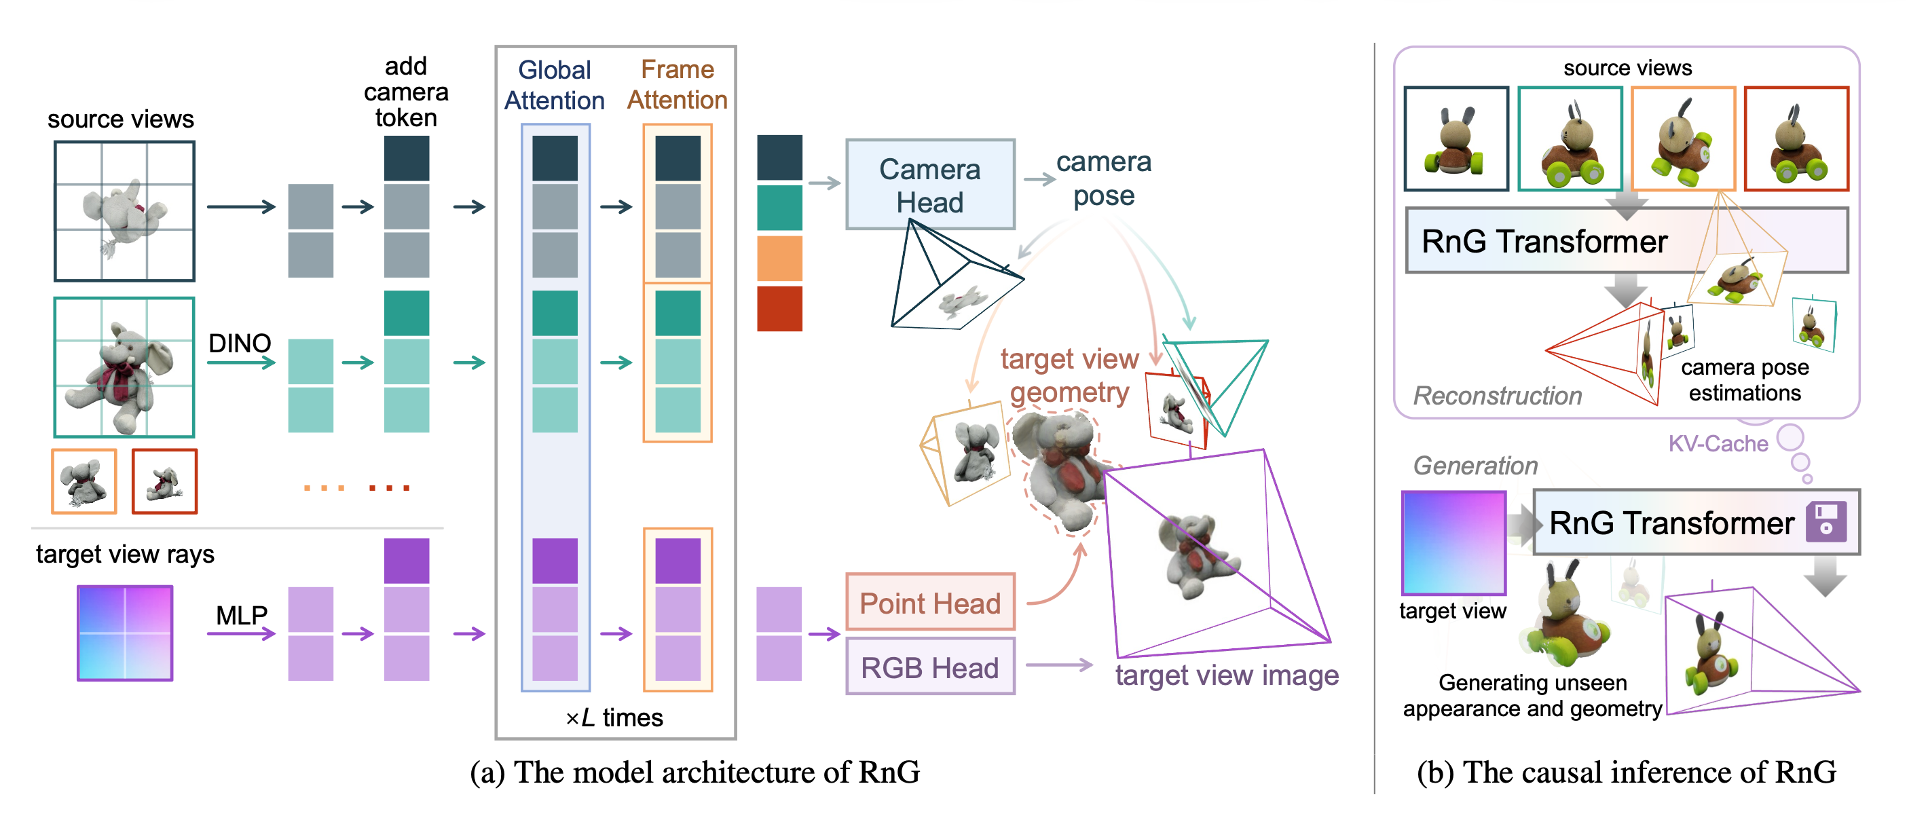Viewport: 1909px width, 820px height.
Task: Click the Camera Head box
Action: tap(929, 185)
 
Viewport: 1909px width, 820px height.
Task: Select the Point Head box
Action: tap(929, 603)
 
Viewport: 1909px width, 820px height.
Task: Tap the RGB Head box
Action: tap(929, 667)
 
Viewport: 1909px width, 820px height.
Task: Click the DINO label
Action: tap(240, 343)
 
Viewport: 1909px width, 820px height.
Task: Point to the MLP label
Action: tap(242, 615)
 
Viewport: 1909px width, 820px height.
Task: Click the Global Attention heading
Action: tap(555, 85)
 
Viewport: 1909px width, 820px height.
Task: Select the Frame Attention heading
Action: tap(678, 84)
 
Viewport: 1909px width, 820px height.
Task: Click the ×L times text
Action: tap(614, 717)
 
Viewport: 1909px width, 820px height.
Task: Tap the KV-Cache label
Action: tap(1717, 444)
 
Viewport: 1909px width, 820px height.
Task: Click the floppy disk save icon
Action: tap(1825, 521)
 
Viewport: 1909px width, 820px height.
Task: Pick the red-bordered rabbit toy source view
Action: tap(1796, 139)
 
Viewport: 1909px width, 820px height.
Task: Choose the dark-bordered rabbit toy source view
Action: tap(1456, 139)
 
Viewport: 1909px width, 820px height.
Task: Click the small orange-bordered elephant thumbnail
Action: tap(84, 481)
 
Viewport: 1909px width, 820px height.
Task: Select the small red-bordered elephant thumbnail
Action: tap(164, 481)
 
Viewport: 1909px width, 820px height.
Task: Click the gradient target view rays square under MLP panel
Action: tap(124, 633)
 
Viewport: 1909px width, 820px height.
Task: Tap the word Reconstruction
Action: tap(1497, 396)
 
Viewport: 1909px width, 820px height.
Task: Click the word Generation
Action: tap(1475, 465)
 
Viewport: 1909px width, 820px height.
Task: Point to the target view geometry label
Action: tap(1069, 375)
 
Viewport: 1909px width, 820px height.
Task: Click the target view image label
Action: tap(1227, 675)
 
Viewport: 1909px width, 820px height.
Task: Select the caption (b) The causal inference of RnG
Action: tap(1626, 772)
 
